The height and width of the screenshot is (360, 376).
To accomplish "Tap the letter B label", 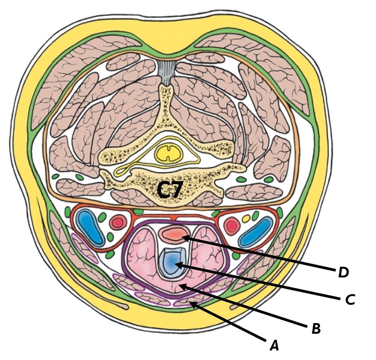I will pos(316,328).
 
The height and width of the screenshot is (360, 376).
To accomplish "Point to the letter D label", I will pos(343,272).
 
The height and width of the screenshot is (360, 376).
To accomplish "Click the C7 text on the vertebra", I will pos(170,189).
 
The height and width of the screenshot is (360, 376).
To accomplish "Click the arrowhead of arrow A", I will pos(193,303).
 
